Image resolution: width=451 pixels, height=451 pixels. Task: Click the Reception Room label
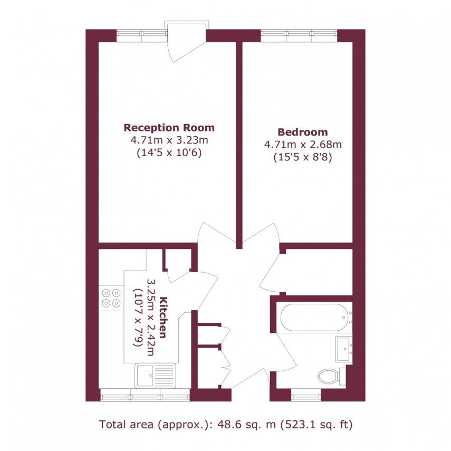(169, 128)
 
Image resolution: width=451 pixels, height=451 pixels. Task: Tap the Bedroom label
(302, 132)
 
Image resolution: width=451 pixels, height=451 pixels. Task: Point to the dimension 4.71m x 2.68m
(302, 145)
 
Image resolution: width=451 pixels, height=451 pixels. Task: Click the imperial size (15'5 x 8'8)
(302, 157)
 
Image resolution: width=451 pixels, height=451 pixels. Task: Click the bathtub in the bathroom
(315, 317)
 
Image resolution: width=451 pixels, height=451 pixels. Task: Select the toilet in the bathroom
(330, 376)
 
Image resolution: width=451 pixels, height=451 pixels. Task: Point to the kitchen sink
(157, 377)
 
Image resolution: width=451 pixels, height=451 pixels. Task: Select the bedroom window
(299, 35)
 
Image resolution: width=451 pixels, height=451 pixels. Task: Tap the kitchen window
(145, 394)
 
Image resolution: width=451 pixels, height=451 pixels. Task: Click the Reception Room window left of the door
(141, 35)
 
